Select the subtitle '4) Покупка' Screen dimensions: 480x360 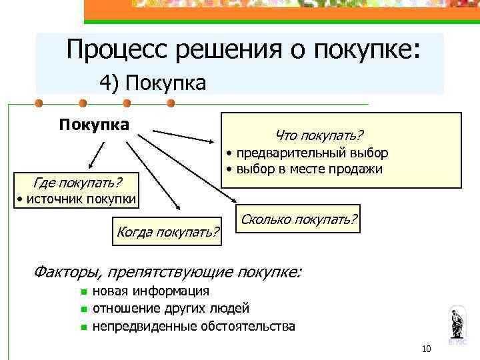click(153, 83)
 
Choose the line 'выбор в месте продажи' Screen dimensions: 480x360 click(307, 169)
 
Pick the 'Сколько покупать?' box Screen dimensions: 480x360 click(299, 219)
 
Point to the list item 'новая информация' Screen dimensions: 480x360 click(151, 291)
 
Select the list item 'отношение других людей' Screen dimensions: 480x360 click(171, 309)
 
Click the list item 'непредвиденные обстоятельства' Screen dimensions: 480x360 click(193, 326)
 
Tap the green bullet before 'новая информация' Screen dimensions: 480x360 click(82, 292)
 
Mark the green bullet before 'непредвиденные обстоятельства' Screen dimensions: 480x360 click(82, 327)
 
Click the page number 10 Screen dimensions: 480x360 click(427, 349)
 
